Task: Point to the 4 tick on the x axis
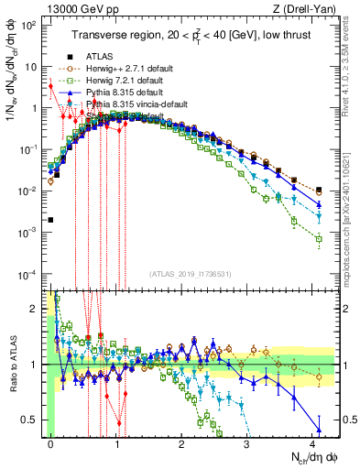tap(314, 441)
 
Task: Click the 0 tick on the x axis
tap(50, 441)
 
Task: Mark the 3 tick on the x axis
tap(248, 441)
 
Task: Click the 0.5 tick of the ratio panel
tap(34, 420)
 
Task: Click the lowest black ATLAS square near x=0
tap(50, 220)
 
